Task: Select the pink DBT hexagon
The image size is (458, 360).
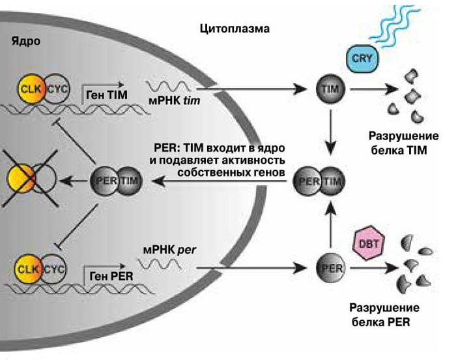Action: coord(365,244)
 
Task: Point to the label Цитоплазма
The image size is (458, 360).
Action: coord(233,29)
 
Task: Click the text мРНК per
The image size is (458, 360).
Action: coord(165,250)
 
